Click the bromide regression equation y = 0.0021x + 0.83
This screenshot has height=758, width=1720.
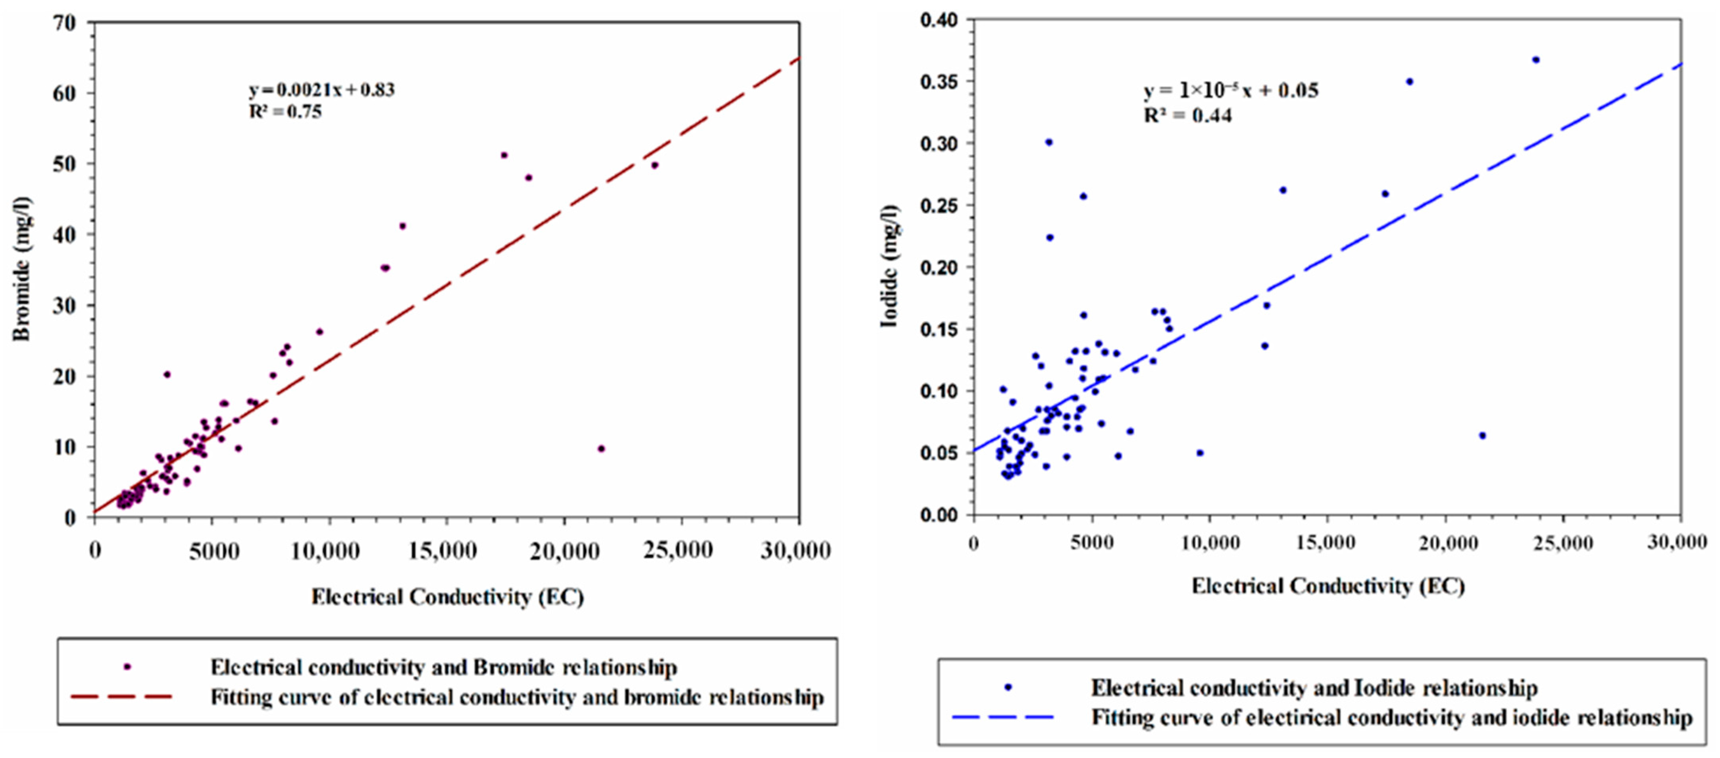point(322,89)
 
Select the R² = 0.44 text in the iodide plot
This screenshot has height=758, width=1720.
point(1188,116)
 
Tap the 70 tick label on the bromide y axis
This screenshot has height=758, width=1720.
point(65,23)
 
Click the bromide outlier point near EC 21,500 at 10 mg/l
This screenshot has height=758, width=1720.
point(601,449)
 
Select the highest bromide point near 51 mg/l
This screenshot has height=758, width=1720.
point(504,155)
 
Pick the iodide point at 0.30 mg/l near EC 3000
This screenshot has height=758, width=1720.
point(1049,142)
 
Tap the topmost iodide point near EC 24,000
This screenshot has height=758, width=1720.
point(1536,60)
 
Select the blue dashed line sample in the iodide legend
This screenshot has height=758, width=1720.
point(1003,717)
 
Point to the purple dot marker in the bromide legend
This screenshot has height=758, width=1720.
point(127,667)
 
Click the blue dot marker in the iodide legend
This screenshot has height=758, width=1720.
point(1008,687)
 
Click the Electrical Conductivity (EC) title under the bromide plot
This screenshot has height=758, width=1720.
point(447,596)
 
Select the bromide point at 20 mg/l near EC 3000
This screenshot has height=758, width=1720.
point(167,375)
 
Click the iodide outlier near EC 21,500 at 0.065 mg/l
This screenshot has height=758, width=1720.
point(1482,436)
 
